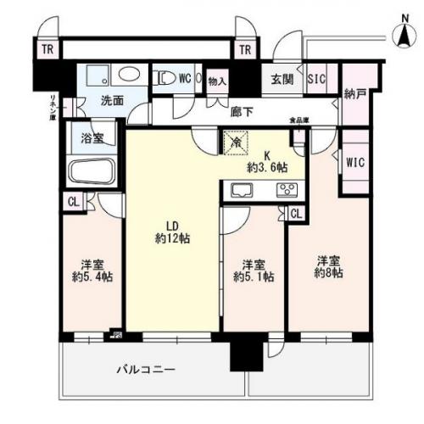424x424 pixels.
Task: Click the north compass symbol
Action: pyautogui.click(x=404, y=32)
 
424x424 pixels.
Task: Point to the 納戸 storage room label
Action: pyautogui.click(x=354, y=94)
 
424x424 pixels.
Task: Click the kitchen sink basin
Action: pyautogui.click(x=237, y=191)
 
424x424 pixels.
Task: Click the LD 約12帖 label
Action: pyautogui.click(x=172, y=232)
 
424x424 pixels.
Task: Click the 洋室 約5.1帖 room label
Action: pyautogui.click(x=252, y=270)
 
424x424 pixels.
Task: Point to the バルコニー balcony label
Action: pyautogui.click(x=145, y=371)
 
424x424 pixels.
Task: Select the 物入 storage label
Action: pyautogui.click(x=217, y=81)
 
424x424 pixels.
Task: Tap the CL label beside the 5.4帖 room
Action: pyautogui.click(x=73, y=202)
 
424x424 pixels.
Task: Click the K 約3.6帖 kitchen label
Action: pyautogui.click(x=265, y=161)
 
